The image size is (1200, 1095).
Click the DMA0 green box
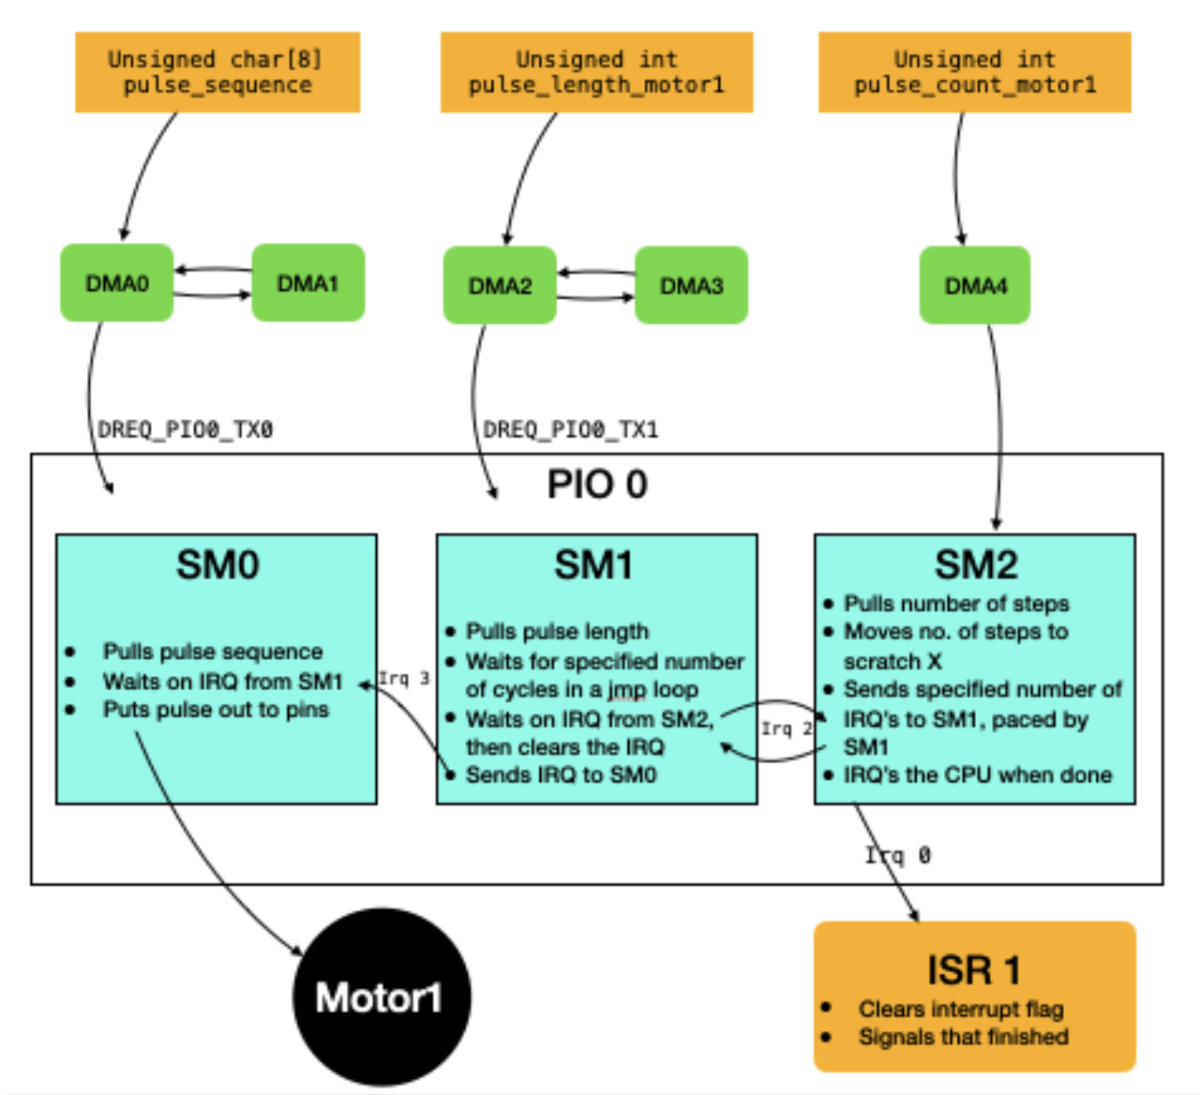(x=117, y=283)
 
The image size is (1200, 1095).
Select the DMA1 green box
(x=307, y=283)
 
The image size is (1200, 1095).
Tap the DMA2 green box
(x=500, y=286)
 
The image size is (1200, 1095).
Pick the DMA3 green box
(x=691, y=286)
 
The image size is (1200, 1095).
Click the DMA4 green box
(x=975, y=286)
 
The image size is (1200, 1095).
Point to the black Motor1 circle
(x=380, y=997)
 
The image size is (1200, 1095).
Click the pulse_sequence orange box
(x=217, y=72)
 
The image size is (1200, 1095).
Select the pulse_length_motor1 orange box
(x=596, y=72)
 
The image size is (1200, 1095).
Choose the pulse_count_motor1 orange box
(x=974, y=72)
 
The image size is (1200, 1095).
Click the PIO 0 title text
(x=597, y=485)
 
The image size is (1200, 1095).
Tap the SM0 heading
(x=217, y=565)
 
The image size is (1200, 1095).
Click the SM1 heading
(x=593, y=565)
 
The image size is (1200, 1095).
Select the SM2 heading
(x=975, y=565)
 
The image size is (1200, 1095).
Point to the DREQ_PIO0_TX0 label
(x=186, y=430)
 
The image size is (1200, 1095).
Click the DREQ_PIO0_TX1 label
(x=570, y=430)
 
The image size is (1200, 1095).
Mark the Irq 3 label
(x=404, y=678)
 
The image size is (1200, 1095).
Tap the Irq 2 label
(x=786, y=728)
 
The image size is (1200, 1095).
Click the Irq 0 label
(x=898, y=855)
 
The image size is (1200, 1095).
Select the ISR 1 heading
(x=973, y=970)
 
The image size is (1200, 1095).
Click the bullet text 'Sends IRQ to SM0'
(x=561, y=774)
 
